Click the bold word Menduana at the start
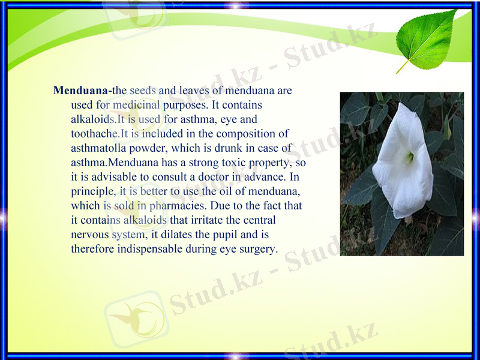coord(80,91)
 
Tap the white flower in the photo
coord(409,162)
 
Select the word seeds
coord(143,91)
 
